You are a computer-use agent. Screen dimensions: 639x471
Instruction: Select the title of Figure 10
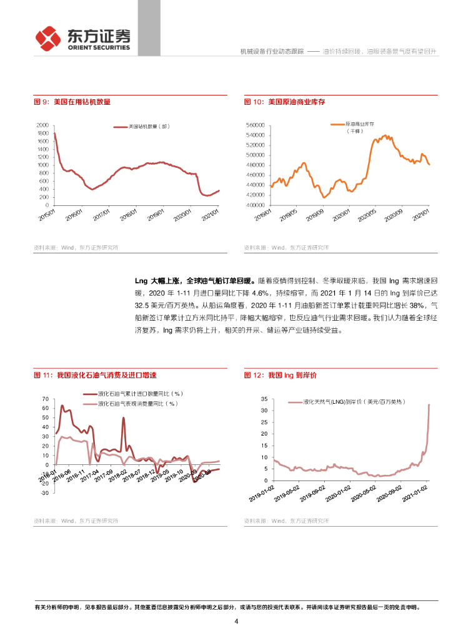[284, 102]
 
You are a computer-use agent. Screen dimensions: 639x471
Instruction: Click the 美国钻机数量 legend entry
[148, 127]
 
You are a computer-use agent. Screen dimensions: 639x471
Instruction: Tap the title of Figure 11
[95, 376]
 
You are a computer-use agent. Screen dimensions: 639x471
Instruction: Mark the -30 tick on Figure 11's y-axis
[44, 493]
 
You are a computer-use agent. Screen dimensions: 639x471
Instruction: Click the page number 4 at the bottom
[235, 622]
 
